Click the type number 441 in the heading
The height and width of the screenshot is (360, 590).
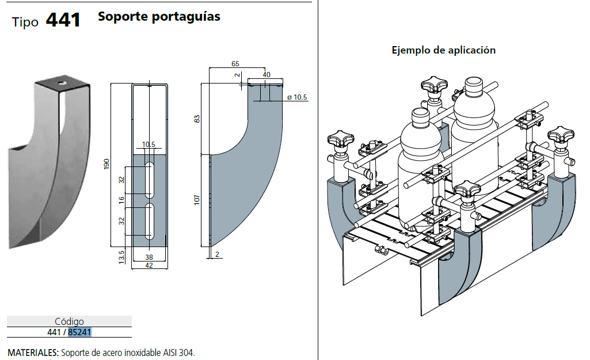pyautogui.click(x=63, y=20)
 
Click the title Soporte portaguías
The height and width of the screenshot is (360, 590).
pyautogui.click(x=159, y=17)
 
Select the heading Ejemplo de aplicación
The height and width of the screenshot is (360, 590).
pyautogui.click(x=443, y=50)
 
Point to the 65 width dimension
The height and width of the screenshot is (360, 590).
pyautogui.click(x=235, y=63)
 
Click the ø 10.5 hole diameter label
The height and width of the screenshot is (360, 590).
pyautogui.click(x=297, y=97)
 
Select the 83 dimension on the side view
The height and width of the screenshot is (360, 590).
pyautogui.click(x=197, y=119)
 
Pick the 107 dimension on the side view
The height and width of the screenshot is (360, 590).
pyautogui.click(x=197, y=200)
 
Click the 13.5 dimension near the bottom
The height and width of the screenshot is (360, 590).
pyautogui.click(x=121, y=255)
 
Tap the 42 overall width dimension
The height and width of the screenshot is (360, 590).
pyautogui.click(x=149, y=266)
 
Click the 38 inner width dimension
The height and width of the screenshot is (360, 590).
pyautogui.click(x=149, y=257)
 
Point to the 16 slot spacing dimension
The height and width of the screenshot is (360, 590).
pyautogui.click(x=121, y=199)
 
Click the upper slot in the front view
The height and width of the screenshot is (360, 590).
pyautogui.click(x=149, y=179)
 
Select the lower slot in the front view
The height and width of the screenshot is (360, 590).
pyautogui.click(x=149, y=221)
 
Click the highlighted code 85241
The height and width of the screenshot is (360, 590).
pyautogui.click(x=80, y=332)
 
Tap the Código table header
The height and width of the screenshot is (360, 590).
pyautogui.click(x=69, y=321)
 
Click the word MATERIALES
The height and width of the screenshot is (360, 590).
pyautogui.click(x=32, y=353)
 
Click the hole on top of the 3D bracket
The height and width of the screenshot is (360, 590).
pyautogui.click(x=61, y=83)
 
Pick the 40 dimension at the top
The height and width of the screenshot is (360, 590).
pyautogui.click(x=266, y=75)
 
